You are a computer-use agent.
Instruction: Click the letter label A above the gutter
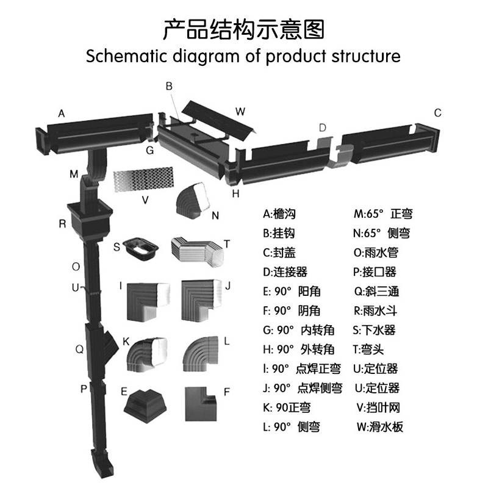click(61, 113)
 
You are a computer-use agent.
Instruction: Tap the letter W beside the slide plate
click(240, 111)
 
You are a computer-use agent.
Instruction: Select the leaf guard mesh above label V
click(145, 178)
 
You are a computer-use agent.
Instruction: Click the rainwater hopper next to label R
click(90, 219)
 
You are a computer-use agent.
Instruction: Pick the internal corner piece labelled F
click(202, 403)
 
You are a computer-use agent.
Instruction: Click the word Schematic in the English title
click(123, 57)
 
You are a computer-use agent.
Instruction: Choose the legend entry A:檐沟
click(280, 214)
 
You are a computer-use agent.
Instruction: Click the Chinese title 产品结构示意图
click(243, 29)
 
